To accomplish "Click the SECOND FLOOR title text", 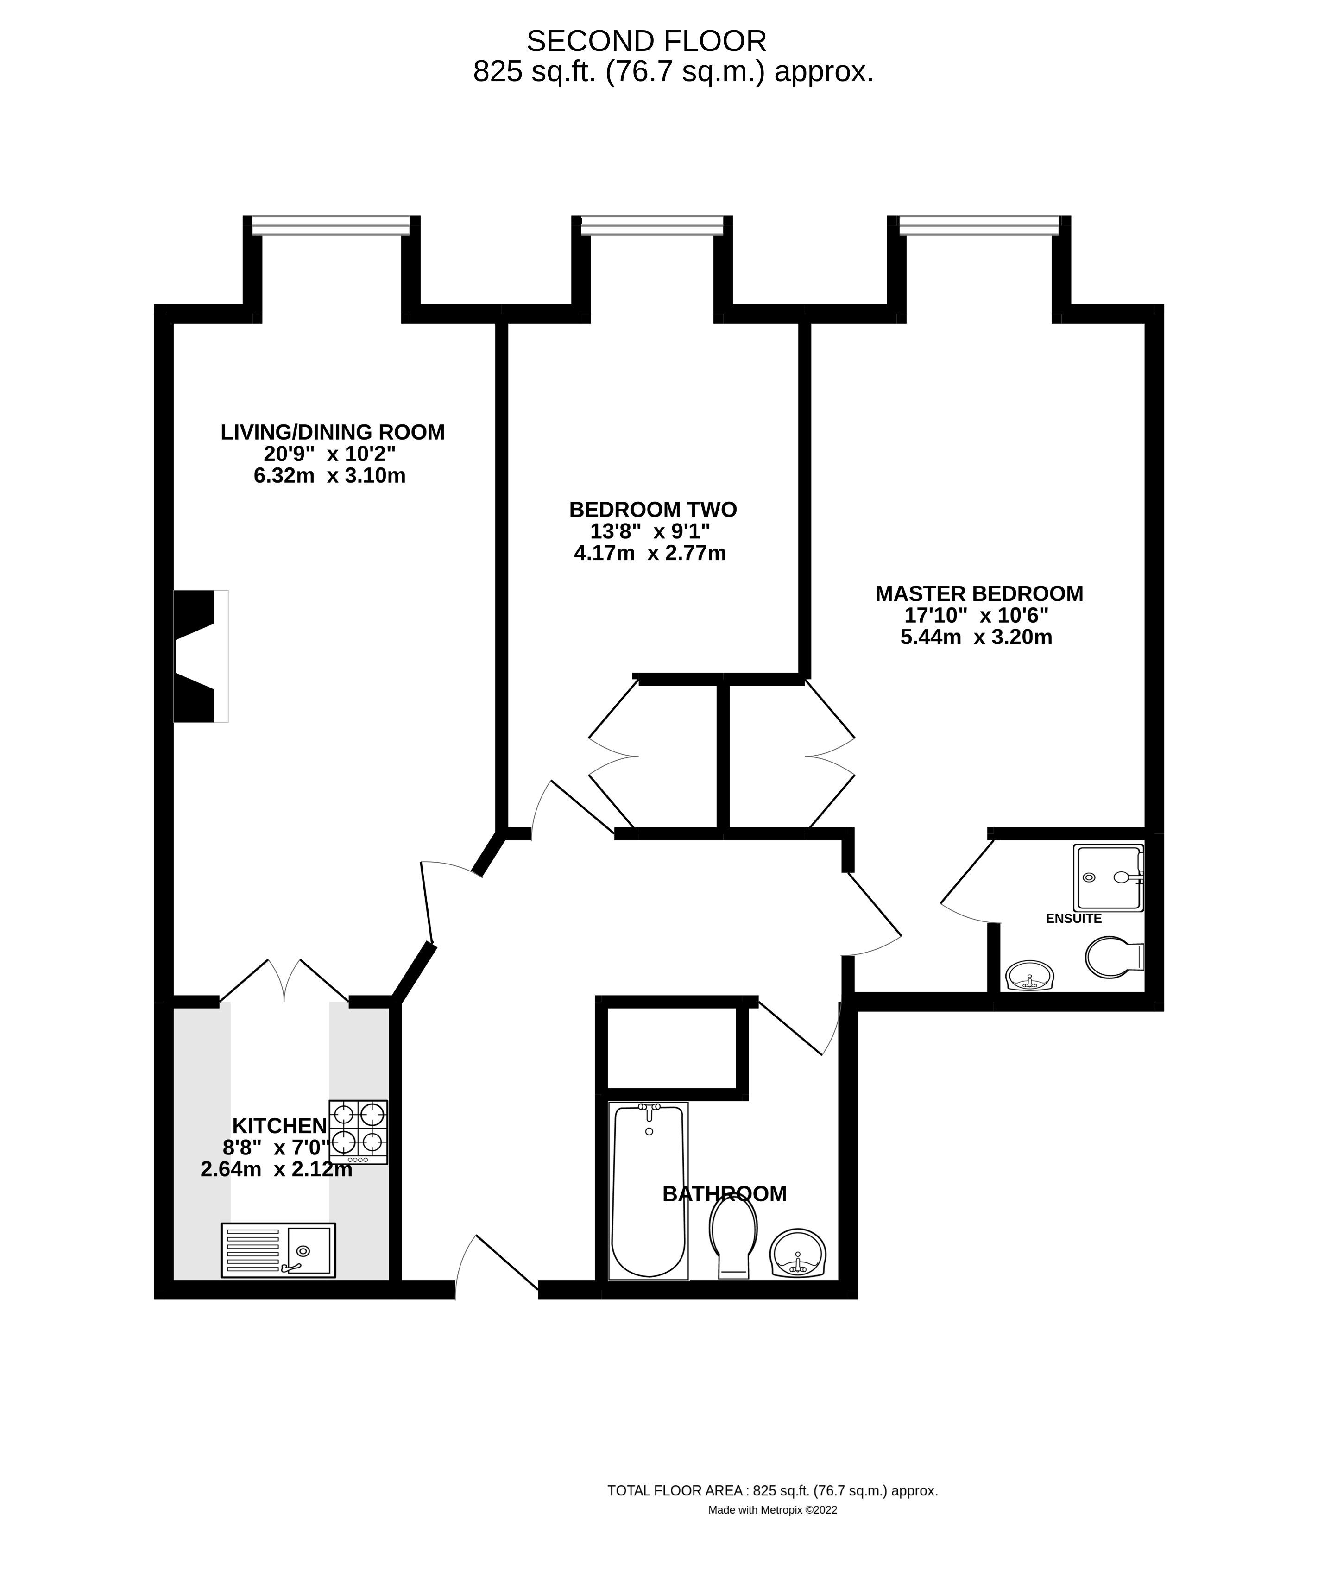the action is [647, 41].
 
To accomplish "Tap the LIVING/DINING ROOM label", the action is [333, 433].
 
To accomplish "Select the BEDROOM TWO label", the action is [653, 510].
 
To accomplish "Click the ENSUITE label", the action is [1073, 918].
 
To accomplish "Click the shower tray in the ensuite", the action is [1108, 878].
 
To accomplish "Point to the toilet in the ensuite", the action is [1115, 958].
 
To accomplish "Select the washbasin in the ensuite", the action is [1030, 976].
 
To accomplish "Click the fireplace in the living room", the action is [201, 656].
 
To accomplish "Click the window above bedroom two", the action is [652, 225].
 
